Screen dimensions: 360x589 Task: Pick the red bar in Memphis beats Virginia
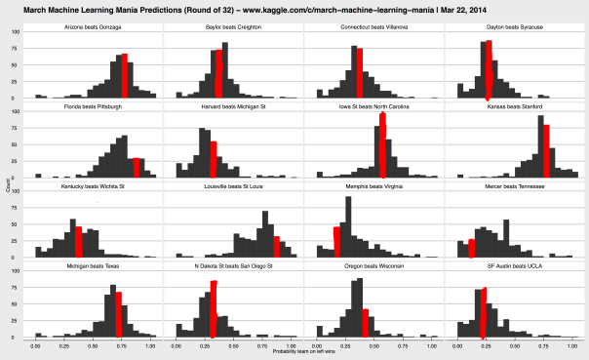pyautogui.click(x=336, y=242)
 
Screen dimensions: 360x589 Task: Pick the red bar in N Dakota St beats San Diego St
pyautogui.click(x=214, y=308)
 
